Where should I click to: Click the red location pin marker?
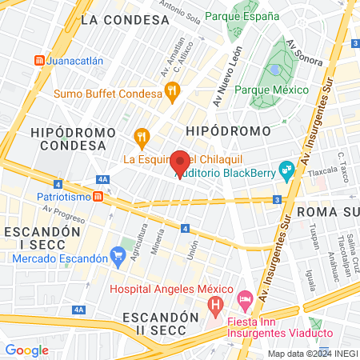(x=181, y=164)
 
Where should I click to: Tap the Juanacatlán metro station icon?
(x=39, y=60)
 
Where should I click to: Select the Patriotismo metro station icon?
(x=97, y=196)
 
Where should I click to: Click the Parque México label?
(x=274, y=90)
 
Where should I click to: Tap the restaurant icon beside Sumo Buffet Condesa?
(x=172, y=94)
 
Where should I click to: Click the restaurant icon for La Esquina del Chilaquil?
(x=142, y=138)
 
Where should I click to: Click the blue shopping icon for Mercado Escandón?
(x=119, y=257)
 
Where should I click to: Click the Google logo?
(x=26, y=350)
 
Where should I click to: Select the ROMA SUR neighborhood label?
(x=327, y=211)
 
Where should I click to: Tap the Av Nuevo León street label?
(x=227, y=76)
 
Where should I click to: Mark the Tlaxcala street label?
(x=324, y=170)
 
